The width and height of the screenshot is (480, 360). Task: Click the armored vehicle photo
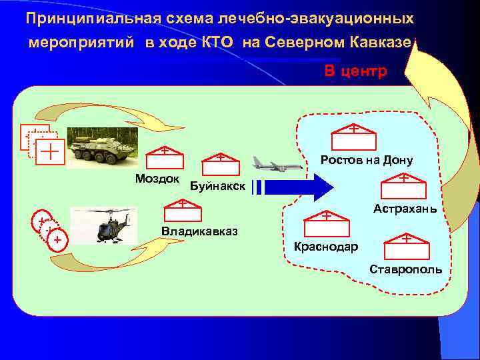tap(103, 150)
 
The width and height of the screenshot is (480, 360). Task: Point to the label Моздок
tap(157, 179)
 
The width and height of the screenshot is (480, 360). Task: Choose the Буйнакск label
tap(217, 185)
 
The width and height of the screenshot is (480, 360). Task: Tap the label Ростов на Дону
tap(367, 160)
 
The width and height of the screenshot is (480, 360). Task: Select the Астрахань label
tap(405, 209)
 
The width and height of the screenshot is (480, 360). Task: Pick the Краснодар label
tap(326, 247)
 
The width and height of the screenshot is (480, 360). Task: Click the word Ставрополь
tap(406, 269)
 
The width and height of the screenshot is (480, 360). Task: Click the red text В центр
tap(355, 71)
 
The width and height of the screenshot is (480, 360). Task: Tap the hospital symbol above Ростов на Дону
tap(353, 137)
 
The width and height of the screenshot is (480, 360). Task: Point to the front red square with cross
tap(51, 151)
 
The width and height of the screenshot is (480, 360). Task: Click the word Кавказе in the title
tap(383, 42)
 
